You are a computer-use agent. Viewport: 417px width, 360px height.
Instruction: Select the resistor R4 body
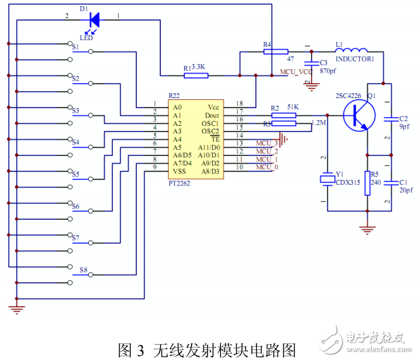point(275,51)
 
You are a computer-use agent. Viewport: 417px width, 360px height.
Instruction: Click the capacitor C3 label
point(325,62)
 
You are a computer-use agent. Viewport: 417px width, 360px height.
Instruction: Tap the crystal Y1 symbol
point(327,179)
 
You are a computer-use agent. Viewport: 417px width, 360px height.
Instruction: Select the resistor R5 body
point(367,183)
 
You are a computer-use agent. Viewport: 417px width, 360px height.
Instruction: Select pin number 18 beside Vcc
point(240,103)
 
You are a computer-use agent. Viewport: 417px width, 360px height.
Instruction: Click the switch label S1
point(75,47)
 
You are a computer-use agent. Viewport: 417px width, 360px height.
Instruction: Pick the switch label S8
point(83,270)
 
